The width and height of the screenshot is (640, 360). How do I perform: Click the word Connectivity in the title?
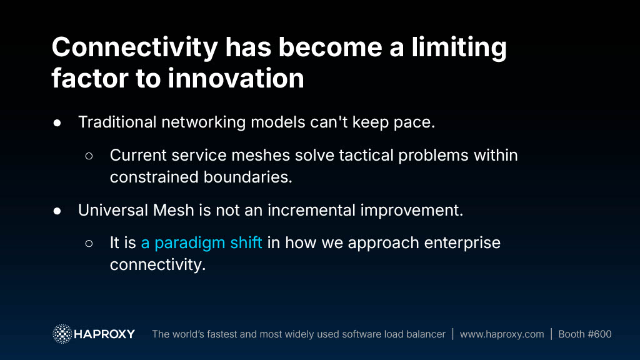[135, 48]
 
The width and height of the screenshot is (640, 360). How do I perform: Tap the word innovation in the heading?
[236, 78]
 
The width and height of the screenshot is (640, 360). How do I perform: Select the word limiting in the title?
[459, 48]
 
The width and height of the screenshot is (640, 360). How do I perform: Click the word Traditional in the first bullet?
[117, 122]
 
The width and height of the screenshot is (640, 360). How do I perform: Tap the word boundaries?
[247, 177]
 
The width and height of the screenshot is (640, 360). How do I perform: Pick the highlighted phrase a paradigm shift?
[201, 243]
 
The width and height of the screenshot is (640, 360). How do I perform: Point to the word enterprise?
[462, 243]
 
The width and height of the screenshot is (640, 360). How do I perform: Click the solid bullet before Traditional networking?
[57, 123]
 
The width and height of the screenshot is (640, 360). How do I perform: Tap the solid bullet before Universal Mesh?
[57, 211]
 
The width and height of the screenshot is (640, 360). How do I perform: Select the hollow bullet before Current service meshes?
[89, 156]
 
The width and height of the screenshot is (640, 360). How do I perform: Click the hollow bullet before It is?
[89, 244]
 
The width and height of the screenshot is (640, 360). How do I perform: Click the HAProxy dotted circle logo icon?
[62, 334]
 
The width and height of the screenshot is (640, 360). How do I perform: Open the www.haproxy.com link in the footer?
[502, 334]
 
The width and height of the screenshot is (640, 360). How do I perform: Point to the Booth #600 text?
[585, 334]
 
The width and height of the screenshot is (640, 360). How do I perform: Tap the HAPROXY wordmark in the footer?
[104, 334]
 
